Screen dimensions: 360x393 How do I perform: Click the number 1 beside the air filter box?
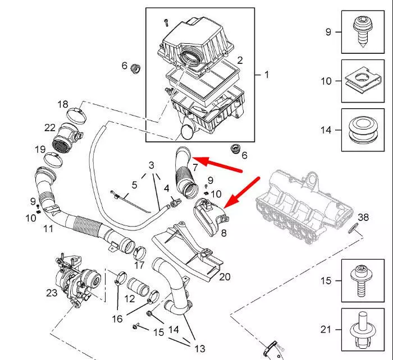[266, 74]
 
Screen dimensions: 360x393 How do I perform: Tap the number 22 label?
[50, 128]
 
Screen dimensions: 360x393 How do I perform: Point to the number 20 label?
[225, 276]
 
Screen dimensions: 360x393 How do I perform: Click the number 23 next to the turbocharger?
[52, 292]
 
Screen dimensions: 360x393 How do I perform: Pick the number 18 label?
[62, 104]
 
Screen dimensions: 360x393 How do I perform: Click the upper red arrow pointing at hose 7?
[222, 163]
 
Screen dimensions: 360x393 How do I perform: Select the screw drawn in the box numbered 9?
[359, 27]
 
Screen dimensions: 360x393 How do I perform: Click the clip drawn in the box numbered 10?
[359, 80]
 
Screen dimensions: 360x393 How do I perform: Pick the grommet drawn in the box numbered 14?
[359, 130]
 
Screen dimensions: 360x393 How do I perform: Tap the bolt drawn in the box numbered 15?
[359, 280]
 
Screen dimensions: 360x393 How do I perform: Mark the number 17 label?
[139, 265]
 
